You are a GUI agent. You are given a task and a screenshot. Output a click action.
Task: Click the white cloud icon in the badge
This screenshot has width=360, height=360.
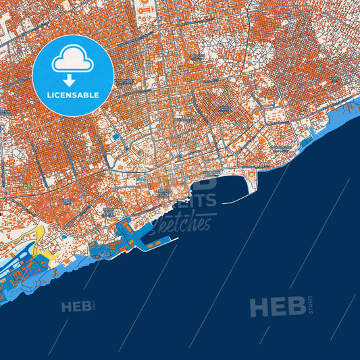(72, 60)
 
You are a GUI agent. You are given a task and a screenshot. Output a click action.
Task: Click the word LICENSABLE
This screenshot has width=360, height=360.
(73, 95)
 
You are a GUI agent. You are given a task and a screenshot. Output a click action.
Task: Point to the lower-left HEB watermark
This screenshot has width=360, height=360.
(76, 307)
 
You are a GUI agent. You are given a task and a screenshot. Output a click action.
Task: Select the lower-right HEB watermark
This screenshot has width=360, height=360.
(277, 307)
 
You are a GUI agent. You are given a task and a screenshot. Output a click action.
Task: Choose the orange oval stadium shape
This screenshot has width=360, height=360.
(262, 140)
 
